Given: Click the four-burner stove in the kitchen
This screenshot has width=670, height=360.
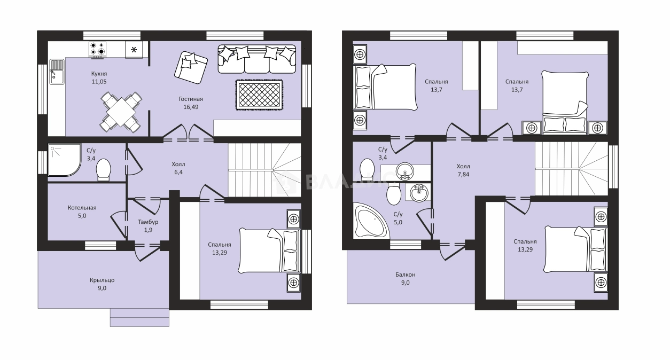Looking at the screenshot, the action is (98, 49).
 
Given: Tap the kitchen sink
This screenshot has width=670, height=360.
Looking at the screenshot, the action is (57, 72).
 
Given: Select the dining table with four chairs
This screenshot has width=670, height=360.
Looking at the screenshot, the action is (121, 112).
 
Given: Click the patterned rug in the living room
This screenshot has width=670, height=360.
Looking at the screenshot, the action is (259, 95).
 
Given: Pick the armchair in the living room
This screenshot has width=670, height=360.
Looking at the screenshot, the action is (191, 68).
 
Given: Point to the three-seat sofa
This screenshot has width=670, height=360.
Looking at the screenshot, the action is (257, 59).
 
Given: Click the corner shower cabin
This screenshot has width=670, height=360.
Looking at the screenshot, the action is (65, 160).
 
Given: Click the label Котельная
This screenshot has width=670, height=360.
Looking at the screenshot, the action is (82, 208).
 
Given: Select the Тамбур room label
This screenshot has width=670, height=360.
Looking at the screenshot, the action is (148, 222).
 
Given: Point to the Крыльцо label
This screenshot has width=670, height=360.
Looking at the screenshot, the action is (102, 280).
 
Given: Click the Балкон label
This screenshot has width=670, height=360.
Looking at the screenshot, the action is (406, 275).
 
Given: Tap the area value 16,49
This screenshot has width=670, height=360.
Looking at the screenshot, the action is (191, 107).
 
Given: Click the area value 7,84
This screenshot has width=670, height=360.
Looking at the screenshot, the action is (463, 174).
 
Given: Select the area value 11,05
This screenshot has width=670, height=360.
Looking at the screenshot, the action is (99, 82).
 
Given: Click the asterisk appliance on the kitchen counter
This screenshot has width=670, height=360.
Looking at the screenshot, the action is (134, 50).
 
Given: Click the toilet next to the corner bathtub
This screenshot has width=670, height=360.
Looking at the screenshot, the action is (394, 194).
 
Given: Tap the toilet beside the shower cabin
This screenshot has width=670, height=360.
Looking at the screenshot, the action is (104, 169).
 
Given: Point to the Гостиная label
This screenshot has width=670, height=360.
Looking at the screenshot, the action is (191, 99).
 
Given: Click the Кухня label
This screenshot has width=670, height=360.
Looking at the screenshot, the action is (99, 74).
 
